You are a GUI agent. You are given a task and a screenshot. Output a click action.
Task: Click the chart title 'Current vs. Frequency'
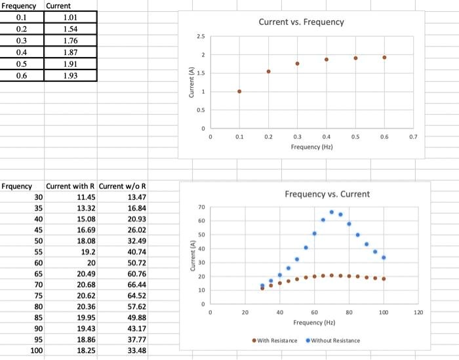(x=301, y=22)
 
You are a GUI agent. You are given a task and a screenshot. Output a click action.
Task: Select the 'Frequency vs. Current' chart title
(x=327, y=194)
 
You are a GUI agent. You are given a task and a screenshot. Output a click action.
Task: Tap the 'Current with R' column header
(x=71, y=186)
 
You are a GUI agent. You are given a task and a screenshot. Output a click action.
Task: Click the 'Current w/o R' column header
(x=122, y=186)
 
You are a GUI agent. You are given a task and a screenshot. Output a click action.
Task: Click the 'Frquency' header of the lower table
(x=17, y=186)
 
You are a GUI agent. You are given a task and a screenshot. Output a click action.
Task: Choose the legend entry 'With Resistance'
(x=274, y=340)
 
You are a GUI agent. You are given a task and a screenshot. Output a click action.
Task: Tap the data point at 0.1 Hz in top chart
(x=239, y=91)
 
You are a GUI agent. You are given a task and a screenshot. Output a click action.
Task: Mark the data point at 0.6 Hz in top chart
(x=384, y=58)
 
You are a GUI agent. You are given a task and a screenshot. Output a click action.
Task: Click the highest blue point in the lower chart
(x=332, y=212)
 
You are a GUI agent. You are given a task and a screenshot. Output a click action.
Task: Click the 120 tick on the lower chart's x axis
(x=418, y=313)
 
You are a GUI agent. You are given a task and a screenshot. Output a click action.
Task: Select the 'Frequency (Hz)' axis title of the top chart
(x=312, y=147)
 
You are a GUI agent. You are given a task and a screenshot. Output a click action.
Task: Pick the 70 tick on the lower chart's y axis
(x=201, y=207)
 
